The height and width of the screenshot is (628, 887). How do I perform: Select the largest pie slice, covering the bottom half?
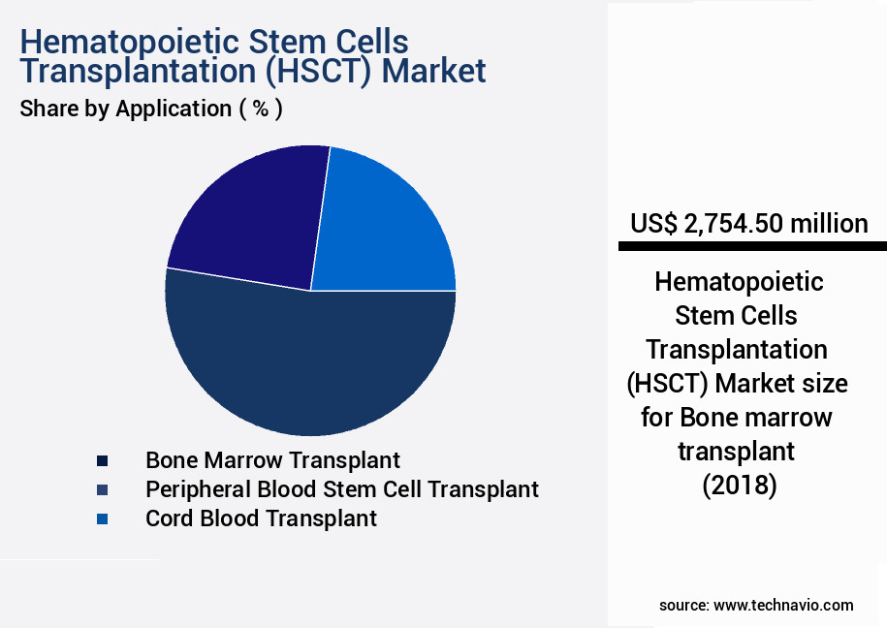[310, 362]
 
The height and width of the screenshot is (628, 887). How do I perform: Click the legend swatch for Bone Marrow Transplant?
[102, 461]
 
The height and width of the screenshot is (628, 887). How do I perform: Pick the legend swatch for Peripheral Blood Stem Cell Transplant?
[102, 490]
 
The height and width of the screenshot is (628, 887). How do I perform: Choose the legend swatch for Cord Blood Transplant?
[102, 518]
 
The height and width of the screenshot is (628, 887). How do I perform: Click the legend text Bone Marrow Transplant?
[272, 460]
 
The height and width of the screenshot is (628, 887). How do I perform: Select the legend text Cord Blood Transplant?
[261, 518]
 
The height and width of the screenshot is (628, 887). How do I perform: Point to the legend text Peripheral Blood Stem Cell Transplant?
[341, 489]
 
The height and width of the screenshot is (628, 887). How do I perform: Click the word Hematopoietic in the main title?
[130, 43]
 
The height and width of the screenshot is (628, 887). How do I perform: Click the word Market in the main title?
[434, 72]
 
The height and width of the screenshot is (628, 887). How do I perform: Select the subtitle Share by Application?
[126, 109]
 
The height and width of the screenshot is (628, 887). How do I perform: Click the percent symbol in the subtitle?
[261, 109]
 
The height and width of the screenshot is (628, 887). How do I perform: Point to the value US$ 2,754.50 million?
[749, 224]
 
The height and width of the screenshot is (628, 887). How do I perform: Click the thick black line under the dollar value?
[752, 246]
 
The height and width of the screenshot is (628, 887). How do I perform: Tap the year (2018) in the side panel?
[740, 486]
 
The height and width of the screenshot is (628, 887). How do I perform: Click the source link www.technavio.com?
[783, 606]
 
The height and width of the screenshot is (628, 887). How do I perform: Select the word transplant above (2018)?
[737, 452]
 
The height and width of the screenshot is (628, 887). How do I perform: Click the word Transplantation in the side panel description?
[737, 350]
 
